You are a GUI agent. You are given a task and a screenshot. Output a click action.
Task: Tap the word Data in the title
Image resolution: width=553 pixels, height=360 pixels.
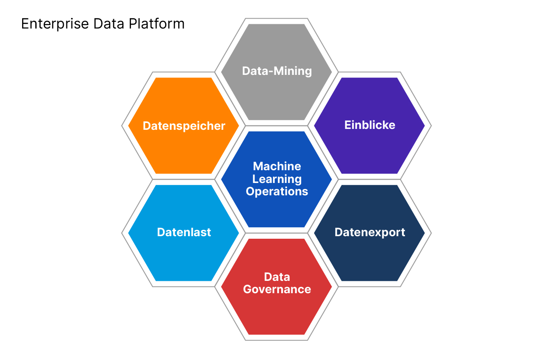[108, 24]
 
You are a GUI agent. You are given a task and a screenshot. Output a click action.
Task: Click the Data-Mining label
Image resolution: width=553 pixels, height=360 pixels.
[276, 71]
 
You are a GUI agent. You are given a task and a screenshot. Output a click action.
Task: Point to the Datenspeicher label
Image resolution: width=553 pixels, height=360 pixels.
[184, 126]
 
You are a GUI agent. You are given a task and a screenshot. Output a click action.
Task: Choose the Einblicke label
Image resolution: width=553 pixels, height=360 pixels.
[370, 125]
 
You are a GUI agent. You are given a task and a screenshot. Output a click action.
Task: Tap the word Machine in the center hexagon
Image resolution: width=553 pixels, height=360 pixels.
[277, 166]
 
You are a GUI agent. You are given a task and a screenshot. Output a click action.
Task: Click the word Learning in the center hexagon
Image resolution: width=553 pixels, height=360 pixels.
[277, 179]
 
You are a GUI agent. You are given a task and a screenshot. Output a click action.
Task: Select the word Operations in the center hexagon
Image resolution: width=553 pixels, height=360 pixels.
[277, 191]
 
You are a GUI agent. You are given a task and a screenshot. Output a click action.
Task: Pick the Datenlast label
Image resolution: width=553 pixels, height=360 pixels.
[184, 232]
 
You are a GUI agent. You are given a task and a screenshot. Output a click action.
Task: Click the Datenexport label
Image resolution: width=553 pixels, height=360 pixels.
[370, 232]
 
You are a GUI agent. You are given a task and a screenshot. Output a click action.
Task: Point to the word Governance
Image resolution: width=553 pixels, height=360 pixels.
[277, 289]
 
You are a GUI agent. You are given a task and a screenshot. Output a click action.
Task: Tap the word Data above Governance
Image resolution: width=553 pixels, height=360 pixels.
[277, 277]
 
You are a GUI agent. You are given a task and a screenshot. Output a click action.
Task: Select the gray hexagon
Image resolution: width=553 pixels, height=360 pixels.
[276, 94]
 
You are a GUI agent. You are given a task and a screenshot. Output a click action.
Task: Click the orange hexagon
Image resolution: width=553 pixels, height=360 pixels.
[184, 149]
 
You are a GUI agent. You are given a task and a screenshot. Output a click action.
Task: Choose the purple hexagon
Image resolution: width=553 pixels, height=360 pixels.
[370, 149]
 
